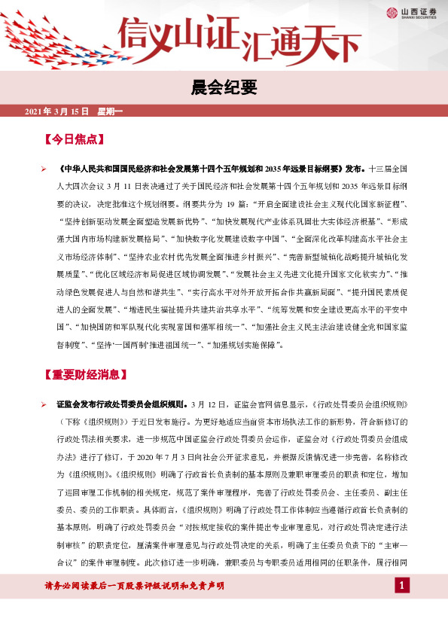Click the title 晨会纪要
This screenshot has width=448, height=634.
coord(224,89)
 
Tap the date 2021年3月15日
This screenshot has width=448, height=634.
coord(57,112)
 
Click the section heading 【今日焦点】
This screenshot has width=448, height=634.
coord(74,139)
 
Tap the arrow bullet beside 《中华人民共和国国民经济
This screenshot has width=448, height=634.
coord(44,169)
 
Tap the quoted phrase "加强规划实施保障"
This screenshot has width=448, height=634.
coord(245,346)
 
